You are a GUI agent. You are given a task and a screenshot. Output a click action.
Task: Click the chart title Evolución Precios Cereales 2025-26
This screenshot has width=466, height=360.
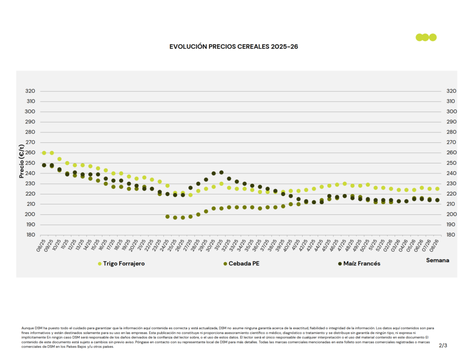[x=233, y=47]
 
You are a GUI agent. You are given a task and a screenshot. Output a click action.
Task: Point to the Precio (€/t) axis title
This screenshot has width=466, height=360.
[x=21, y=161]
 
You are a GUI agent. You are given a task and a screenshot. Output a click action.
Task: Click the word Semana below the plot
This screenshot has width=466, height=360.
[x=437, y=260]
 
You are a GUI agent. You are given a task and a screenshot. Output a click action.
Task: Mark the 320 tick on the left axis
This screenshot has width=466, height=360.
[x=30, y=91]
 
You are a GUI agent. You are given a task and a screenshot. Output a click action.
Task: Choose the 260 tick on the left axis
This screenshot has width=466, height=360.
[x=30, y=153]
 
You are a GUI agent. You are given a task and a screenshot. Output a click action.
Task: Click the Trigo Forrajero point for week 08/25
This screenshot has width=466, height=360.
[x=44, y=153]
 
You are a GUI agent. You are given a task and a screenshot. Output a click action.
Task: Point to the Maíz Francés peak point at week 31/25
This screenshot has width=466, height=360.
[x=221, y=172]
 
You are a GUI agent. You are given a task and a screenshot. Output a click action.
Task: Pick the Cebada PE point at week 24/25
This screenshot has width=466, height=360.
[x=167, y=217]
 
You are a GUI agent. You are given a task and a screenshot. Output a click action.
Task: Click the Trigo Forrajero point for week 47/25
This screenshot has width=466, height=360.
[x=344, y=184]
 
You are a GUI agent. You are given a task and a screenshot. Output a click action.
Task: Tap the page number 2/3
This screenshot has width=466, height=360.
[x=443, y=345]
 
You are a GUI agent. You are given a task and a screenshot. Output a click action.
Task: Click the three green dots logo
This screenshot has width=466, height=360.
[x=426, y=37]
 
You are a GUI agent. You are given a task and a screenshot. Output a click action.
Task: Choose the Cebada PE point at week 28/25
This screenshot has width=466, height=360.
[x=198, y=214]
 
